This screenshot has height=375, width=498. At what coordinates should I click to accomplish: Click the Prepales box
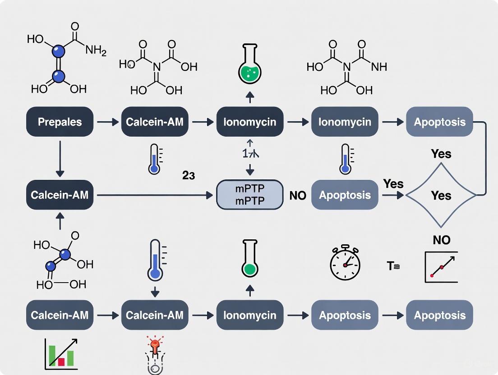(60, 122)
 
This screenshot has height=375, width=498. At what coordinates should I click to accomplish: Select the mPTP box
(249, 195)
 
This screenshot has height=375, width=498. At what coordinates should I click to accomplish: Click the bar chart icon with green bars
(61, 353)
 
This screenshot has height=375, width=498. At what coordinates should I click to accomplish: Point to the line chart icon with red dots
(441, 267)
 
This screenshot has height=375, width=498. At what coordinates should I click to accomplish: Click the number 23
(189, 176)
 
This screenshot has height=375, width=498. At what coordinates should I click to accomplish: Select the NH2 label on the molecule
(96, 50)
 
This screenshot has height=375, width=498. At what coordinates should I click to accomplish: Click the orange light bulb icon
(155, 346)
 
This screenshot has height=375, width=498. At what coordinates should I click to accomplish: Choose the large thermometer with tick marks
(155, 261)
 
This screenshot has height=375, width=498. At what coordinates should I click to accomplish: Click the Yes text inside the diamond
(441, 195)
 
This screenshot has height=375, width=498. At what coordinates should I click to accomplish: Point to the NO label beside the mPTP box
(297, 196)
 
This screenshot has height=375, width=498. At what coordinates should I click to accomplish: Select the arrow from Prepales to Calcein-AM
(107, 122)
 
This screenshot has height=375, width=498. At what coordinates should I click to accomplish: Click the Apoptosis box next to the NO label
(345, 195)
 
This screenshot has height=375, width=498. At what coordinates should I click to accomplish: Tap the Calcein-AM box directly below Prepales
(60, 195)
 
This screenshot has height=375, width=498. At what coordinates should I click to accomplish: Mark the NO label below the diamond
(441, 240)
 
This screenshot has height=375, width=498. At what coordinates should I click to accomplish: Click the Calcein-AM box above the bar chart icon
(60, 315)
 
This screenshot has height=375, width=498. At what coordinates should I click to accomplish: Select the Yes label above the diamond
(441, 154)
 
